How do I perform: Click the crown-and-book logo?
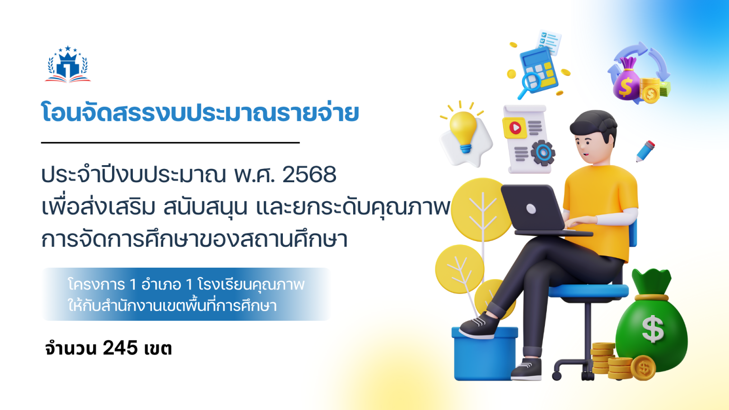click(x=68, y=65)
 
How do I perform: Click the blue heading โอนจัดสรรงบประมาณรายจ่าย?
click(x=200, y=113)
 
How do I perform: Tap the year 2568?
click(x=309, y=175)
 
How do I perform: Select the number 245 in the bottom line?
click(x=120, y=348)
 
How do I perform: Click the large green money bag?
click(x=652, y=323)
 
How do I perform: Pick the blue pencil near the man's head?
click(x=645, y=151)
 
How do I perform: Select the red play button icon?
click(x=515, y=127)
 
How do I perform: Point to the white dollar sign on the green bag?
click(x=653, y=328)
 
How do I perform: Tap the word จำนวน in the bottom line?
click(x=71, y=348)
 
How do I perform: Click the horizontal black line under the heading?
click(x=170, y=142)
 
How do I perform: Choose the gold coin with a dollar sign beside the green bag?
click(x=644, y=368)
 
